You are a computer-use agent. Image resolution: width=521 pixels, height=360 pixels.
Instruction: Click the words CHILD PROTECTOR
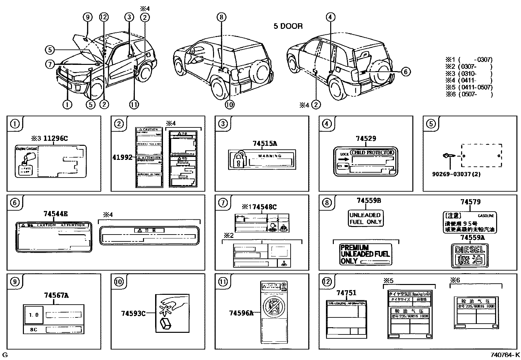click(372, 152)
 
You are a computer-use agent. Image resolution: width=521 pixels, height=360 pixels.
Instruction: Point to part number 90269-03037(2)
click(456, 174)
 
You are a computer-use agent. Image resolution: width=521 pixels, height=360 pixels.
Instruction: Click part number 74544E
click(55, 214)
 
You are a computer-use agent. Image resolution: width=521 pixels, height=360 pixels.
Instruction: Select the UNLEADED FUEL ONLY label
click(365, 218)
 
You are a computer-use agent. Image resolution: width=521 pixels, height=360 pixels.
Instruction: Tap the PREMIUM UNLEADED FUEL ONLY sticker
click(365, 254)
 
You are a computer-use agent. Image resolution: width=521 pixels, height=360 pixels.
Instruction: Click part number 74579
click(470, 202)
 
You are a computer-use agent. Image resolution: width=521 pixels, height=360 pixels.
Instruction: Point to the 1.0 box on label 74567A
click(34, 315)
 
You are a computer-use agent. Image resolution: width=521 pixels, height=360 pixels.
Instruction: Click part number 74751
click(346, 293)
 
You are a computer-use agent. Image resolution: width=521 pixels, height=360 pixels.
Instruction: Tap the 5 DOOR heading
click(288, 26)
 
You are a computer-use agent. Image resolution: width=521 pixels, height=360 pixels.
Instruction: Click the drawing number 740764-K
click(505, 355)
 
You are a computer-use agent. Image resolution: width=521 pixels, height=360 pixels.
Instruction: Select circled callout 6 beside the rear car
click(405, 71)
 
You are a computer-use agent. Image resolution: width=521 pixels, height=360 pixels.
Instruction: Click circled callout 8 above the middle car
click(221, 17)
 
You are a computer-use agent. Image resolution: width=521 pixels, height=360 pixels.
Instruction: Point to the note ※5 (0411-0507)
click(469, 87)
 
